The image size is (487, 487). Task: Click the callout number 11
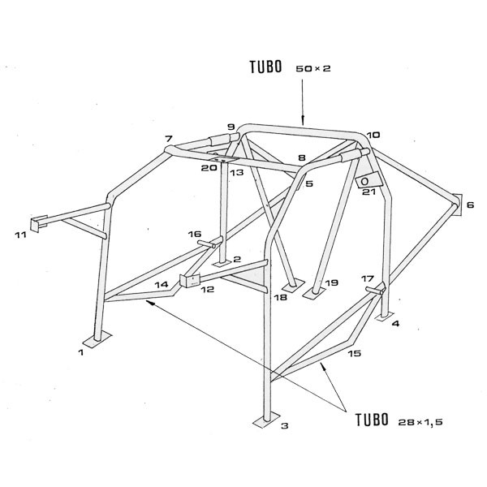point(21,235)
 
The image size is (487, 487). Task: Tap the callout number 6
point(470,205)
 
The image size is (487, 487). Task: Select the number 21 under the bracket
point(368,192)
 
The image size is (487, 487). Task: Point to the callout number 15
point(355,353)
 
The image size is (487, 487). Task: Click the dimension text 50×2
point(313,68)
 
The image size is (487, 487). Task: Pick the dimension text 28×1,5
point(420,422)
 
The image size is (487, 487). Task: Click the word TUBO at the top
point(266,67)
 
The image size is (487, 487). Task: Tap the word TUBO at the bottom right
point(372,420)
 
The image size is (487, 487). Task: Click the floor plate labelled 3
point(267,421)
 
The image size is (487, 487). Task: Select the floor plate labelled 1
point(98,339)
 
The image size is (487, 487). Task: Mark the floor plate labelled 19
point(313,293)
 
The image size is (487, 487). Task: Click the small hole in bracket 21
point(365,181)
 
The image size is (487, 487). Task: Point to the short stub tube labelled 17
point(375,290)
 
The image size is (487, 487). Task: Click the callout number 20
point(209,168)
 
